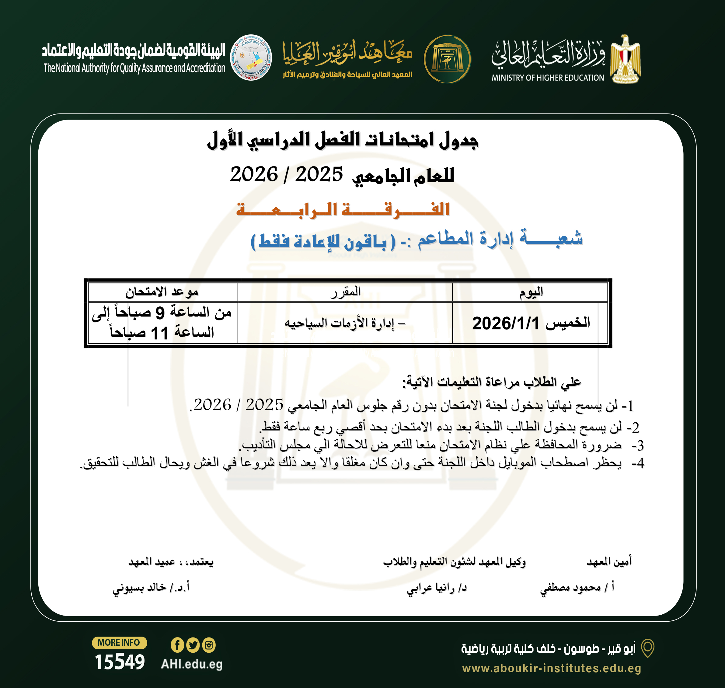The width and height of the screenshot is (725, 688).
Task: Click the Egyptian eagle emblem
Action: pyautogui.click(x=626, y=59)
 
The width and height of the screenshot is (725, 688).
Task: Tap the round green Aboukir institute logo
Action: pyautogui.click(x=448, y=59)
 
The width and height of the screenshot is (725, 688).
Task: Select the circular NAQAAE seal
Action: pyautogui.click(x=251, y=58)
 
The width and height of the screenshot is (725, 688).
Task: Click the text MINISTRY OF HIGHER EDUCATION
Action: pyautogui.click(x=548, y=78)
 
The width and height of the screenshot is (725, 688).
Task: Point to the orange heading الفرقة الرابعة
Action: pyautogui.click(x=343, y=210)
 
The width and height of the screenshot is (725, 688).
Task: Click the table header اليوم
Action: pyautogui.click(x=531, y=292)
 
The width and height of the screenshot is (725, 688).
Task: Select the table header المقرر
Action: pyautogui.click(x=345, y=292)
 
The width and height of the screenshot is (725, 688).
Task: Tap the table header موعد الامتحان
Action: pyautogui.click(x=162, y=292)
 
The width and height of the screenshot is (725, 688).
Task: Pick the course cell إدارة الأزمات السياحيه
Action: pyautogui.click(x=345, y=323)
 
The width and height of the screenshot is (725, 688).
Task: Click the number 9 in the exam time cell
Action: pyautogui.click(x=160, y=313)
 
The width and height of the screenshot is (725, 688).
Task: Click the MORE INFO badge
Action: pyautogui.click(x=119, y=643)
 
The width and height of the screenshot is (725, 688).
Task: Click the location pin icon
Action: pyautogui.click(x=648, y=648)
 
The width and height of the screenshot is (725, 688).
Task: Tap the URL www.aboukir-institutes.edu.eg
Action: pyautogui.click(x=552, y=668)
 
